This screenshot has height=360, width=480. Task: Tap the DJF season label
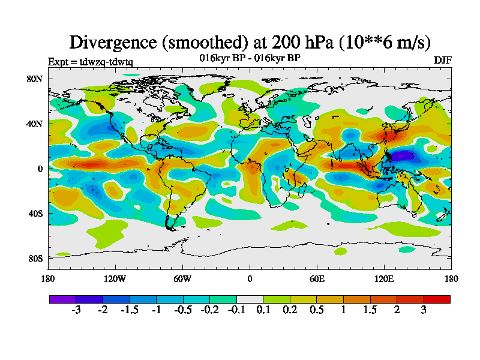[x=442, y=61]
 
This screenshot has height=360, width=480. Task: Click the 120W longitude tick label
[x=115, y=278]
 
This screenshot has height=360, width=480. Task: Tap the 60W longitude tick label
[x=182, y=278]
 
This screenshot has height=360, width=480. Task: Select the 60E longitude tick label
[x=317, y=278]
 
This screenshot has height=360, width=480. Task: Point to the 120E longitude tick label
[x=384, y=278]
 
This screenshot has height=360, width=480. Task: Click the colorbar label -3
[x=76, y=310]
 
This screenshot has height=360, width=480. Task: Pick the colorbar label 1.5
[x=370, y=310]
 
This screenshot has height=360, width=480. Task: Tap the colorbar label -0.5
[x=183, y=310]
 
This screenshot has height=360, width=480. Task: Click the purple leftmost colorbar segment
[x=62, y=299]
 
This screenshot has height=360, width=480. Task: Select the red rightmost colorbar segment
[x=437, y=299]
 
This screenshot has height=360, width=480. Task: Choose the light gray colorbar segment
[x=250, y=299]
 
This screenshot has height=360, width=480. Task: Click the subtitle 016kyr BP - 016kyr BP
[x=250, y=58]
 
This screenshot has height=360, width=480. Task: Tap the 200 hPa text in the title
[x=298, y=42]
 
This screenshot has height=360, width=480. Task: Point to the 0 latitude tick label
[x=40, y=169]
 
